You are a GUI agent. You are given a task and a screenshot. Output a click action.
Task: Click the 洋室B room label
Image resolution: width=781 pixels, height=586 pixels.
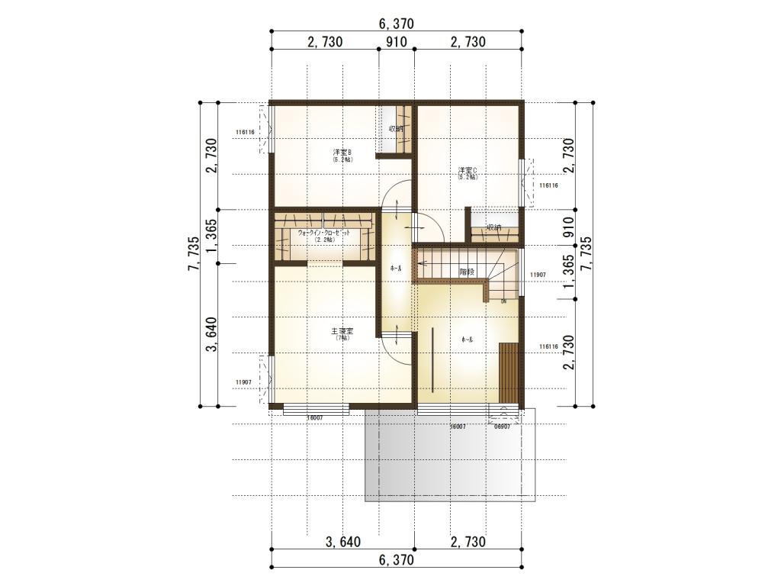[x=342, y=153]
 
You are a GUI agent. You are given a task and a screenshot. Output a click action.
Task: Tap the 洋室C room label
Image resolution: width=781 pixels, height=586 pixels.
[x=468, y=169]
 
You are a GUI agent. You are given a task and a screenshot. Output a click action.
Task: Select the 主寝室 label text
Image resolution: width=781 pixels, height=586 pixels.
[x=342, y=331]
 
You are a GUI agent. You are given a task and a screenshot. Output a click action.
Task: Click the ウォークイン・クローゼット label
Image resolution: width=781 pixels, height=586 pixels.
[x=323, y=231]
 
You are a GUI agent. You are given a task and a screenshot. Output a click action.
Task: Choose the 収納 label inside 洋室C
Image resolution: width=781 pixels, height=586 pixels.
[x=494, y=227]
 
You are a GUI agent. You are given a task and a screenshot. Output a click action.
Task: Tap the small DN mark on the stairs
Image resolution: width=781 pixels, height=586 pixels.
[x=503, y=301]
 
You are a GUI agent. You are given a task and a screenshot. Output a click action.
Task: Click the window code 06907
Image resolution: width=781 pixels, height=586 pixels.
[x=502, y=427]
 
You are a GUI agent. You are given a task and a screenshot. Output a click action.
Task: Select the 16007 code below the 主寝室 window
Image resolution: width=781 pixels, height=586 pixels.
[x=314, y=418]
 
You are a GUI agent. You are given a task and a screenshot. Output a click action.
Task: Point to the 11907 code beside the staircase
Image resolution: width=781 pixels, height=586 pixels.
[x=538, y=275]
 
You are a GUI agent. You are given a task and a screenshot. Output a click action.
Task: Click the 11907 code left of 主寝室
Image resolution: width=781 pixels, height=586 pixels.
[x=244, y=382]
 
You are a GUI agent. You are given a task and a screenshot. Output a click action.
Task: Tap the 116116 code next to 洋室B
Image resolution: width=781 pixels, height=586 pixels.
[x=246, y=132]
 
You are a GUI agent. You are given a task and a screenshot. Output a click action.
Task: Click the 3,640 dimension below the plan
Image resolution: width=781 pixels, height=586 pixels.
[x=343, y=543]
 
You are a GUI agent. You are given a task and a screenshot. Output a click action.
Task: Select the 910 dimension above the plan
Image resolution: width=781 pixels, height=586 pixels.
[x=396, y=42]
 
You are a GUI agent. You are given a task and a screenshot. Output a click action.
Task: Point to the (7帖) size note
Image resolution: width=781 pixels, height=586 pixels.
[x=342, y=338]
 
